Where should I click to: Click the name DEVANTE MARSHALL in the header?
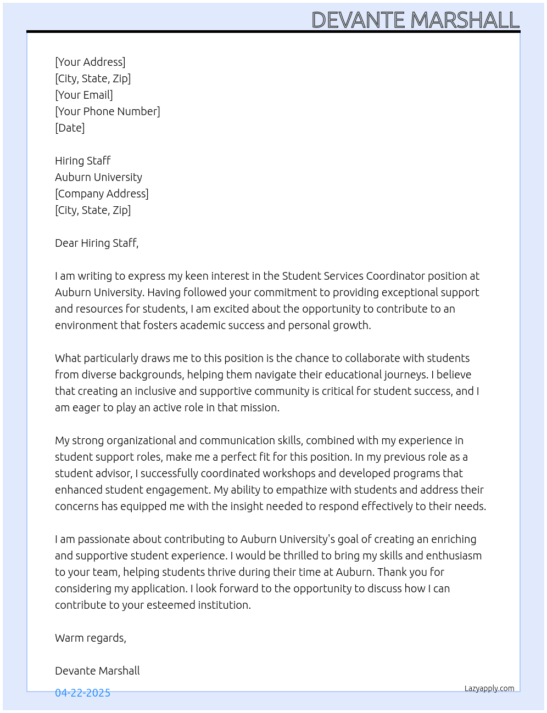pos(415,20)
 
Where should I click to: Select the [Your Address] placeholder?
pos(90,62)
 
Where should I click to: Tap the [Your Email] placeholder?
pos(84,95)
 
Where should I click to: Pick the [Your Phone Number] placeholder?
pos(108,111)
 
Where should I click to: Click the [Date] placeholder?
pos(70,128)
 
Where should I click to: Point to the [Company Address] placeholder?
pos(102,194)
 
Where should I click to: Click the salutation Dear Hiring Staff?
pos(97,243)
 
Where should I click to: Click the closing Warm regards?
pos(91,638)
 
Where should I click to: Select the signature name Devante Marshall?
pos(97,671)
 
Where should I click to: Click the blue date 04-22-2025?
pos(82,693)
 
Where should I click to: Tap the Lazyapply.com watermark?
pos(489,688)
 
